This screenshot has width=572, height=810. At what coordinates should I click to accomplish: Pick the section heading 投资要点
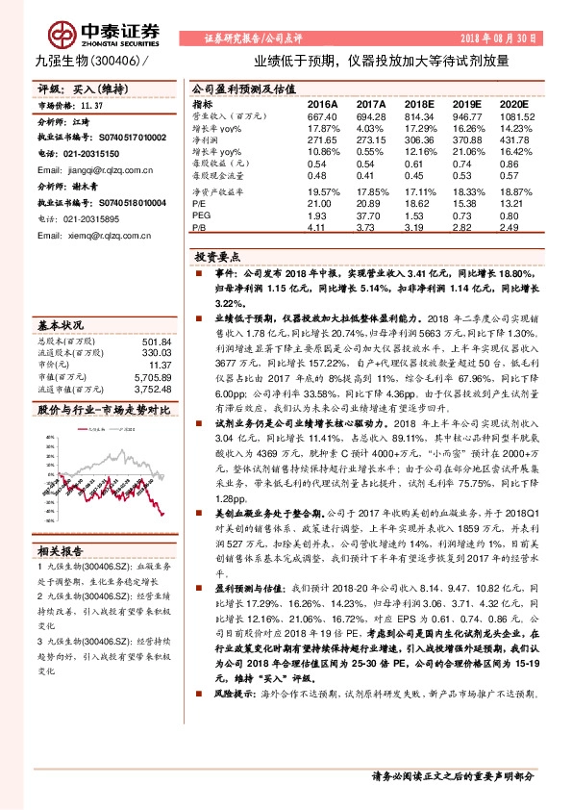(x=215, y=259)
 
